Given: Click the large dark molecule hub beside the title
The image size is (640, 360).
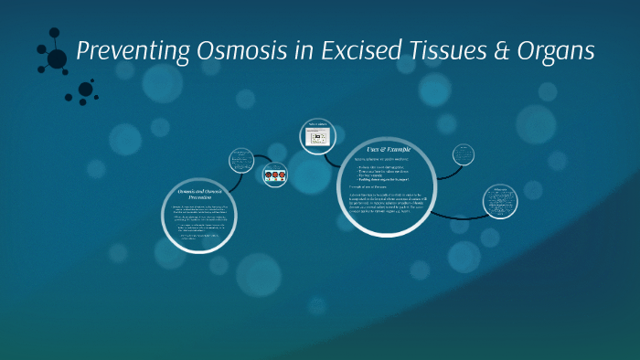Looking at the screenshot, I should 57,58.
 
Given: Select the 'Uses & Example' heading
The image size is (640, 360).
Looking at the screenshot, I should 389,147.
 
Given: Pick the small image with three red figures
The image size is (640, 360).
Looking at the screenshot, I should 275,174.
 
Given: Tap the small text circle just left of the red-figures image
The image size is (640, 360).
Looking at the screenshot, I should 242,160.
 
